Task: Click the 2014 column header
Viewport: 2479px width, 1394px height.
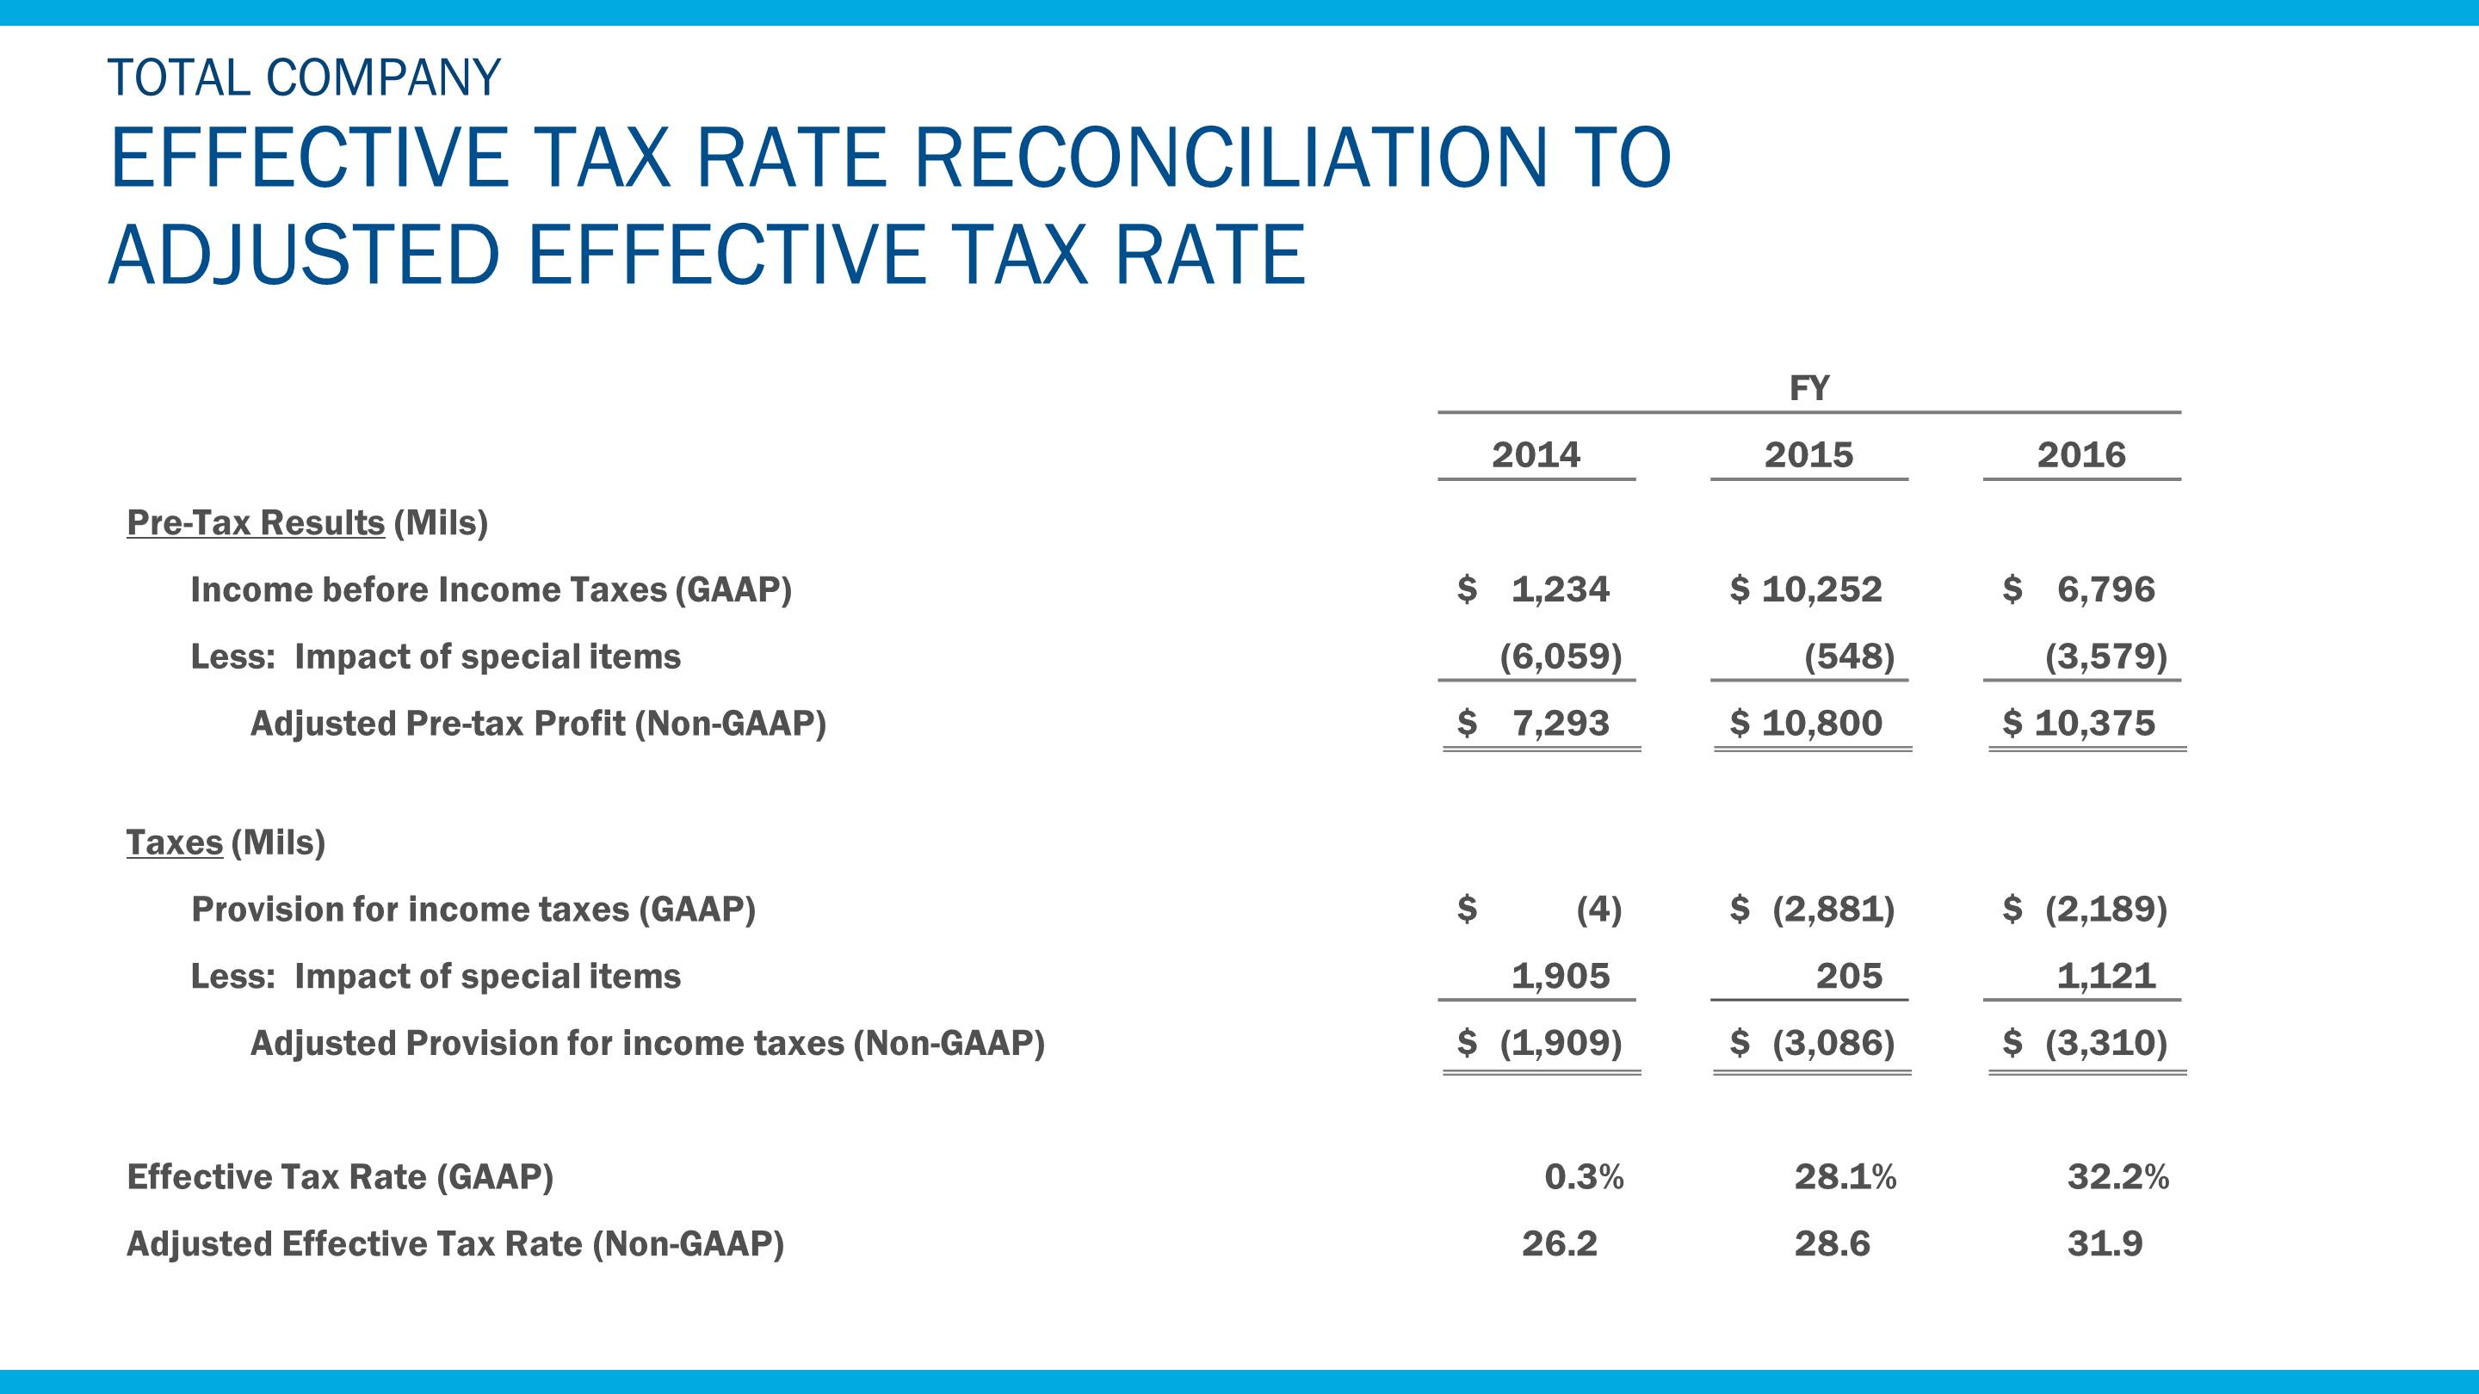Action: tap(1536, 454)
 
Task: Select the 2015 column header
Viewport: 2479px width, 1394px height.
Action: tap(1808, 454)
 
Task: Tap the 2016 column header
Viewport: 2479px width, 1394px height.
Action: tap(2080, 454)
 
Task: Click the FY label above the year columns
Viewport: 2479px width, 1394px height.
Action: tap(1809, 388)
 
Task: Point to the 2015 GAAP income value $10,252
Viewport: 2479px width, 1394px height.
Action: tap(1807, 589)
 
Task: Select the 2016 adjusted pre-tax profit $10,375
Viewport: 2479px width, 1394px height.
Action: tap(2079, 723)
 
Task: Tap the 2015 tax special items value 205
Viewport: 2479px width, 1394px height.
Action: tap(1849, 976)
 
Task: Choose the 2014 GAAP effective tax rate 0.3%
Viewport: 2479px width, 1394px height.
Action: tap(1584, 1175)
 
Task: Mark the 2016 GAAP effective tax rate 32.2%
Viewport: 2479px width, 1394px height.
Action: tap(2117, 1175)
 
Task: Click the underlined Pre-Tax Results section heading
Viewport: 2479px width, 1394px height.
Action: tap(256, 522)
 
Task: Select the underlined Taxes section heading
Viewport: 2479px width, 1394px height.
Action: tap(174, 842)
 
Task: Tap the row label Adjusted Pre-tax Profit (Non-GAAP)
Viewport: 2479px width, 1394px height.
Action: tap(538, 723)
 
